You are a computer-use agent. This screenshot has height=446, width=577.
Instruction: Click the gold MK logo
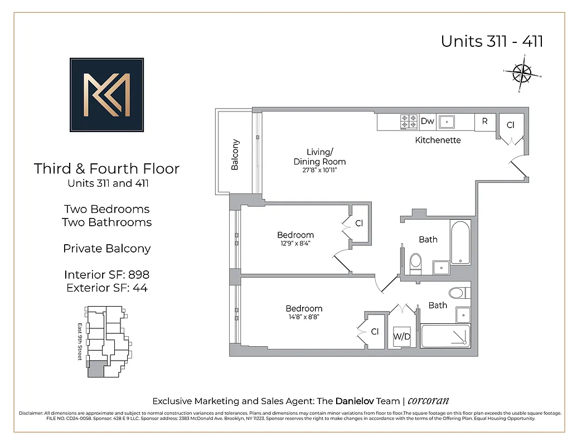[x=106, y=95]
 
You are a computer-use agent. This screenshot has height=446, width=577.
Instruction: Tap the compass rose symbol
[x=522, y=73]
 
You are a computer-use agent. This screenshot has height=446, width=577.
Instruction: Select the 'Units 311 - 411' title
[x=492, y=41]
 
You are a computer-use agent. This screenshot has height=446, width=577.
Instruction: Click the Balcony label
[x=235, y=154]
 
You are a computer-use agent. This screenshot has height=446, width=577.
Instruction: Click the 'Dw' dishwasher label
[x=427, y=121]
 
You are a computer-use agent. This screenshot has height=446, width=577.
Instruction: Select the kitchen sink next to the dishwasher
[x=447, y=122]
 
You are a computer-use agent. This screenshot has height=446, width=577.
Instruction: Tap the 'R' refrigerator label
[x=485, y=122]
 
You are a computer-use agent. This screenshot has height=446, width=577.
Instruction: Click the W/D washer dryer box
[x=402, y=337]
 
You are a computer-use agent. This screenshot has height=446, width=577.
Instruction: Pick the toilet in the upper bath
[x=416, y=262]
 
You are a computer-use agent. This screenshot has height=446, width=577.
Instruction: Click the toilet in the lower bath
[x=457, y=293]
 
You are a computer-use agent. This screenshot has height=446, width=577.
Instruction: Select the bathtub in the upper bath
[x=460, y=243]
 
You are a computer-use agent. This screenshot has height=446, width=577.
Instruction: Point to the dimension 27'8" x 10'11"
[x=319, y=170]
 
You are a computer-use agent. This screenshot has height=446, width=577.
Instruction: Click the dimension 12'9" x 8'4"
[x=295, y=243]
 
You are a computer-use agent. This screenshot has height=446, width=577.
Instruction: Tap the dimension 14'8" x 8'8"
[x=304, y=317]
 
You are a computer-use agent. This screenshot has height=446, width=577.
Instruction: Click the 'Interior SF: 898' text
[x=106, y=274]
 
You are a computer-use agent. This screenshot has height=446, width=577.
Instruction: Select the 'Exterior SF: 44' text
[x=106, y=288]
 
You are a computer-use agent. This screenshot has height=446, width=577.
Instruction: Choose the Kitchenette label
[x=438, y=140]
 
